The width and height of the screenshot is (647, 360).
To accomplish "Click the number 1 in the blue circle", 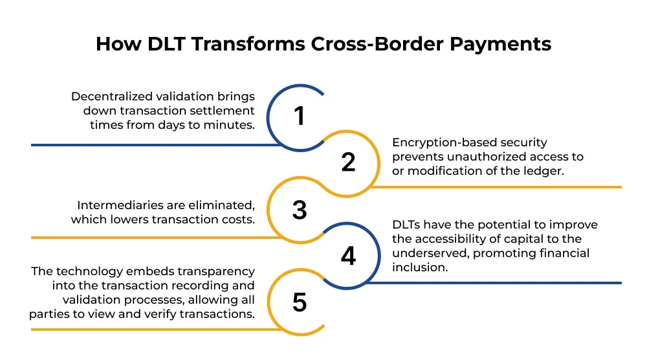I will point(298,116).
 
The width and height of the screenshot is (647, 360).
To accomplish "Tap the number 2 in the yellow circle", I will point(348,162).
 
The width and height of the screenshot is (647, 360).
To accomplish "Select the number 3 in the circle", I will point(298,210).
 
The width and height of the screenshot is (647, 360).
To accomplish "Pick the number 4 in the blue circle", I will point(348,256).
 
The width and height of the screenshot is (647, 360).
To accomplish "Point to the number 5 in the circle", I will point(298,302).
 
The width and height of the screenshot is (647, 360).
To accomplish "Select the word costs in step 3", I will point(239,219).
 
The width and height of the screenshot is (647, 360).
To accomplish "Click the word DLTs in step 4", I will point(408,225).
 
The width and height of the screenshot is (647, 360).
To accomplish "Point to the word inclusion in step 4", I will point(421,267).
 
